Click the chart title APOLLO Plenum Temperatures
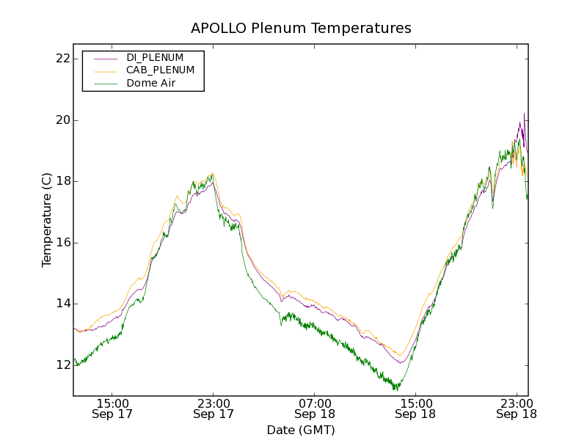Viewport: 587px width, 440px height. [x=301, y=29]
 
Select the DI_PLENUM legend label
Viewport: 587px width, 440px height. [x=155, y=57]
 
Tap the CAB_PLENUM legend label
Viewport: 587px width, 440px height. [x=160, y=70]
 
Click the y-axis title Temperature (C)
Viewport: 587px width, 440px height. [x=47, y=220]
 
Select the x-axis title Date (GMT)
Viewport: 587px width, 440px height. [x=301, y=430]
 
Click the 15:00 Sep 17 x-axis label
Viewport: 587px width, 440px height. [x=112, y=408]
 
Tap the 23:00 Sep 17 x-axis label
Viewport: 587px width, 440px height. [x=214, y=408]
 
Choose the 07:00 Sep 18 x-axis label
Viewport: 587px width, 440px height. [x=315, y=408]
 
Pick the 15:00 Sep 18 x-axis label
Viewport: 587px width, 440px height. [x=415, y=408]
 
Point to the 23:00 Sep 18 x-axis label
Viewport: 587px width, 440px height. [x=517, y=408]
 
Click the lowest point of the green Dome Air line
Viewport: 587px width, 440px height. [x=396, y=389]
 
